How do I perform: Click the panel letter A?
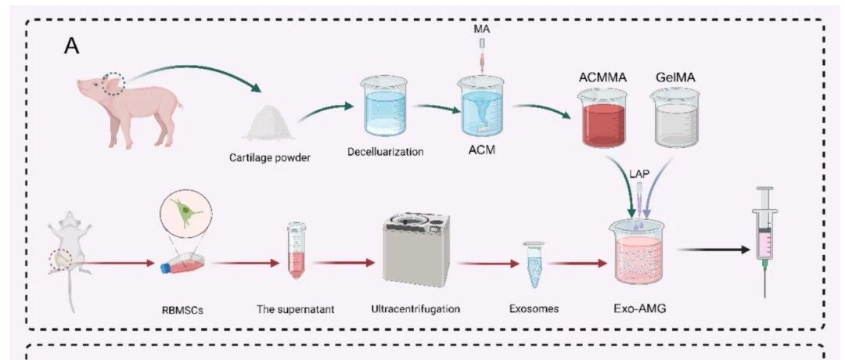(71, 46)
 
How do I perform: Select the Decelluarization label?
(385, 152)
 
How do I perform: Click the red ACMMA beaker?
(604, 118)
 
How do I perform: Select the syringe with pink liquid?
(764, 242)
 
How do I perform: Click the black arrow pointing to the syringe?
(713, 250)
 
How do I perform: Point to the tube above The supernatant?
(296, 251)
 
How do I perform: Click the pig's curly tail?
(179, 103)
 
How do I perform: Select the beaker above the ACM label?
(480, 106)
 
